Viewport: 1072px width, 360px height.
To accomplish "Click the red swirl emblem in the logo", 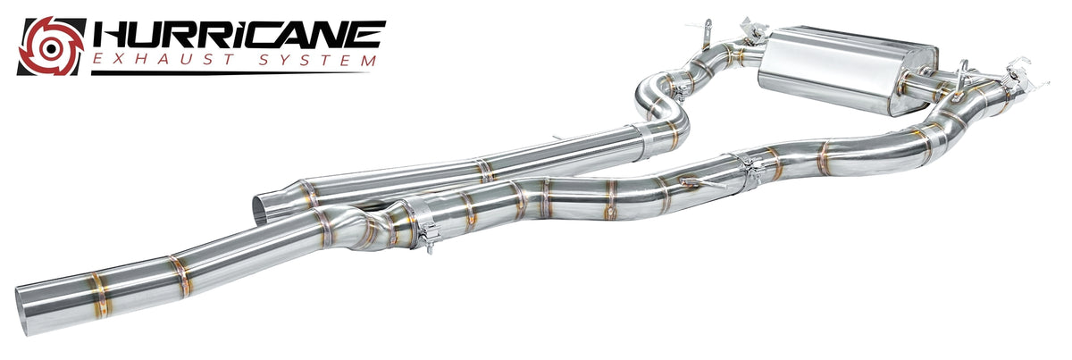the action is (52, 46).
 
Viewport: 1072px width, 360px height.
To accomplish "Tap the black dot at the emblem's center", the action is (51, 47).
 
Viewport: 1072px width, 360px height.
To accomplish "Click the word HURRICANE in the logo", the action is (239, 34).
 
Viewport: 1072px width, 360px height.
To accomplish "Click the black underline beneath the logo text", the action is (230, 73).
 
